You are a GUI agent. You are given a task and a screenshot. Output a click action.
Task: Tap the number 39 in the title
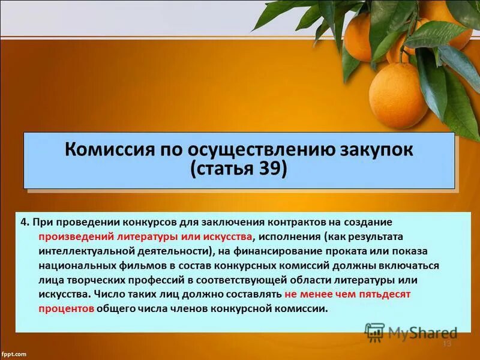(271, 169)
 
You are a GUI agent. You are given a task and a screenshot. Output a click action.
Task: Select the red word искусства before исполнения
(229, 236)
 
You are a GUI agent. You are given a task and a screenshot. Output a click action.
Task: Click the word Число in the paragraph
(111, 294)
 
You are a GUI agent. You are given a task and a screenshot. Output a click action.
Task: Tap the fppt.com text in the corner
(14, 353)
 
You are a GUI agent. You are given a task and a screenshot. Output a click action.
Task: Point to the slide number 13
(446, 343)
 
